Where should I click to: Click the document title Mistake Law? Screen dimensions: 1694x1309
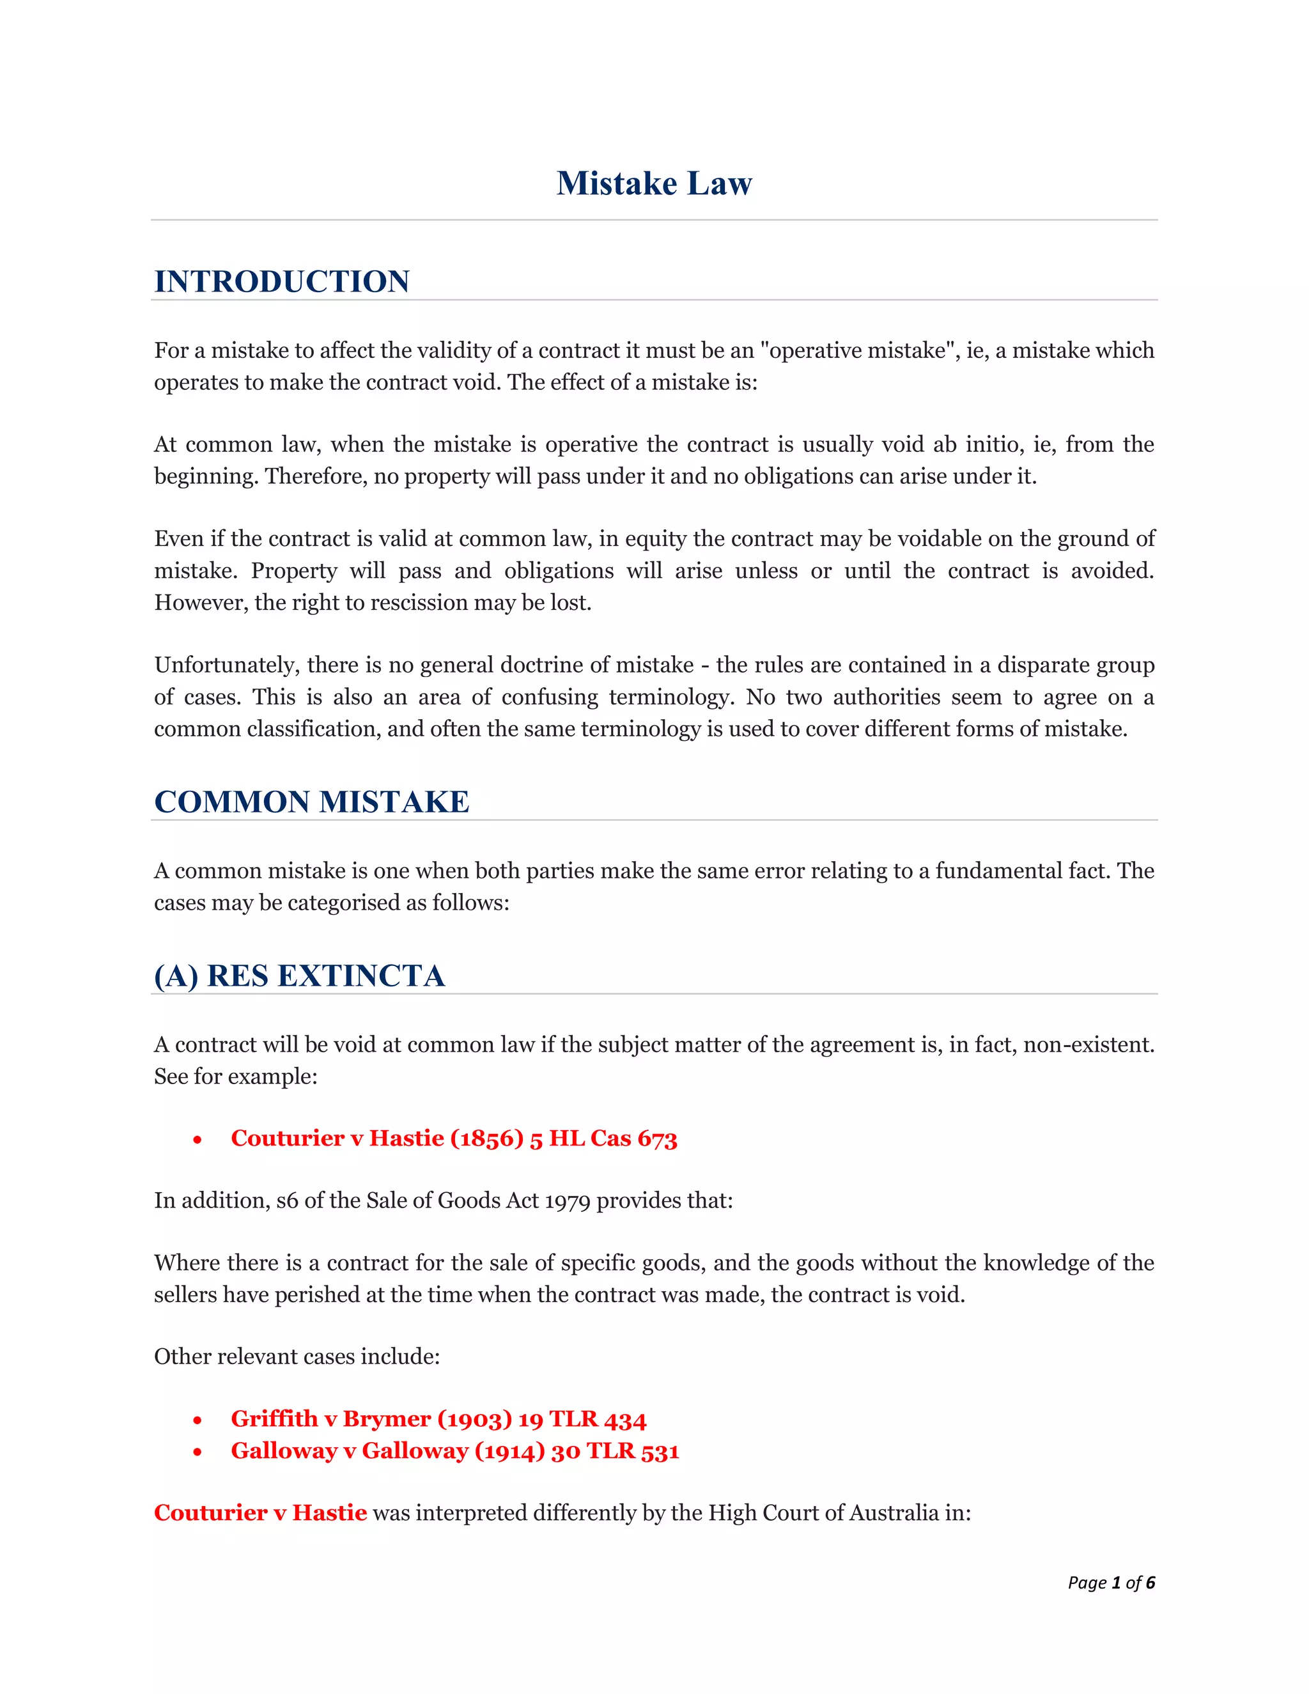click(x=654, y=184)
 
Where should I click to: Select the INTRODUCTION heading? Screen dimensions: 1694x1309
click(x=281, y=281)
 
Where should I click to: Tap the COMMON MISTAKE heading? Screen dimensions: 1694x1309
click(x=312, y=802)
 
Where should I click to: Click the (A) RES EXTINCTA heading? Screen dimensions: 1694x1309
click(x=299, y=975)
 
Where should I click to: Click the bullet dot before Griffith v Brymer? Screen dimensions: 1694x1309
click(x=198, y=1420)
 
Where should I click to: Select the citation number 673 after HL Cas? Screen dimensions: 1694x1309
click(x=658, y=1138)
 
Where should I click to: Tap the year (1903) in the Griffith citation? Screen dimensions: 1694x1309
click(x=475, y=1419)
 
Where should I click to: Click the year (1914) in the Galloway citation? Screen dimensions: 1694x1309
click(x=509, y=1451)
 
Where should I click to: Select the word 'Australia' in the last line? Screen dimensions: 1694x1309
click(x=894, y=1513)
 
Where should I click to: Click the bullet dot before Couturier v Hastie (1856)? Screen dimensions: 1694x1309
click(x=198, y=1139)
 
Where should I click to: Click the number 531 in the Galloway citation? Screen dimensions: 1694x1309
click(x=660, y=1451)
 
